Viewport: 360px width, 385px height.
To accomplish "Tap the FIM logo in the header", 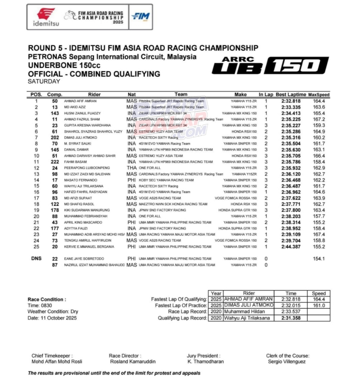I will pyautogui.click(x=140, y=17).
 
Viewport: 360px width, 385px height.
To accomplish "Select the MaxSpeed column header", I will pyautogui.click(x=319, y=94).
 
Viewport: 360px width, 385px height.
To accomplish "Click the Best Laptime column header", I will pyautogui.click(x=291, y=94).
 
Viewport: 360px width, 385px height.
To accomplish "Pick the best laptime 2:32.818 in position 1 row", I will pyautogui.click(x=291, y=101).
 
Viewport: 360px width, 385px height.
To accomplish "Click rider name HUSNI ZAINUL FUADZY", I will pyautogui.click(x=82, y=113).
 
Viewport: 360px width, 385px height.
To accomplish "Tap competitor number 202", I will pyautogui.click(x=55, y=137).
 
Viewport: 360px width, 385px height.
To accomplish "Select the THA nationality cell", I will pyautogui.click(x=132, y=168).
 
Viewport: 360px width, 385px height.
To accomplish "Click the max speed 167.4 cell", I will pyautogui.click(x=319, y=234).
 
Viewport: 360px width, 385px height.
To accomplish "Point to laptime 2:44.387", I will pyautogui.click(x=291, y=247).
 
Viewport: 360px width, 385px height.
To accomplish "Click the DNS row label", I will pyautogui.click(x=36, y=258).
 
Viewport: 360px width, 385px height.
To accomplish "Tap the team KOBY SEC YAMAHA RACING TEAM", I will pyautogui.click(x=166, y=180).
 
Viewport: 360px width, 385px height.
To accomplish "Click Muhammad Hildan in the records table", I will pyautogui.click(x=244, y=312).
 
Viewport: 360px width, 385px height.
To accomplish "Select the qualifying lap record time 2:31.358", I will pyautogui.click(x=291, y=318).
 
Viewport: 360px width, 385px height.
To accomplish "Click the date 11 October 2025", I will pyautogui.click(x=52, y=318).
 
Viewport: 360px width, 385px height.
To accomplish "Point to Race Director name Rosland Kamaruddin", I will pyautogui.click(x=133, y=362).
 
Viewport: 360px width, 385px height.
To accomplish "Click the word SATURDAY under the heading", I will pyautogui.click(x=44, y=82).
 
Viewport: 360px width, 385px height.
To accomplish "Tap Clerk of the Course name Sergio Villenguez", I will pyautogui.click(x=287, y=362).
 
